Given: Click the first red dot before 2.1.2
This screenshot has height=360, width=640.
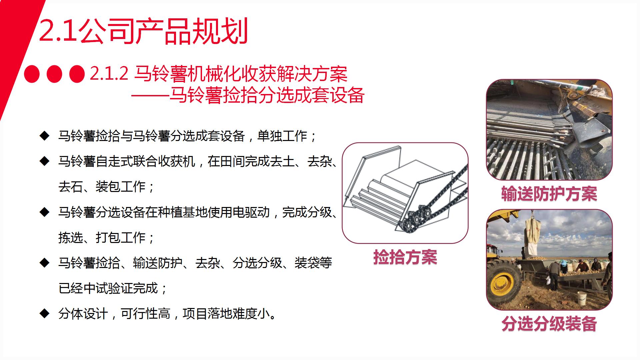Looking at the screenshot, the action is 32,74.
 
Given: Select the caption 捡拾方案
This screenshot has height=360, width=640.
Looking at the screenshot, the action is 405,257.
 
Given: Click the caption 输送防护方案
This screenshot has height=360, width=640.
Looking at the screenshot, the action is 549,194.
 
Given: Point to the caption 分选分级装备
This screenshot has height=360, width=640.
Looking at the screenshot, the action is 549,323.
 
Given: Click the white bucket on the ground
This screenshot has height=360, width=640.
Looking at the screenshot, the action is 582,298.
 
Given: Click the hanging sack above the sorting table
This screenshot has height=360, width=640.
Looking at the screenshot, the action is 533,235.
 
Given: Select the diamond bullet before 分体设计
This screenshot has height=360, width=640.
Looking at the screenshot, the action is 44,313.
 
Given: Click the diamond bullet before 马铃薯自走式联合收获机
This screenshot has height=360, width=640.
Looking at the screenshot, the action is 44,161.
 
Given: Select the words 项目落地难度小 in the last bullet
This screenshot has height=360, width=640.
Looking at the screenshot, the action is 226,314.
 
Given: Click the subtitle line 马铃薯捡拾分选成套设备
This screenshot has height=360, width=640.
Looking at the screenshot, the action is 267,95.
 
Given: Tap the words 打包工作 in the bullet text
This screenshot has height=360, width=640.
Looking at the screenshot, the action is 120,238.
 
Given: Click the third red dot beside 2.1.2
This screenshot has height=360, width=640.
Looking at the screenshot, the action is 77,74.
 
